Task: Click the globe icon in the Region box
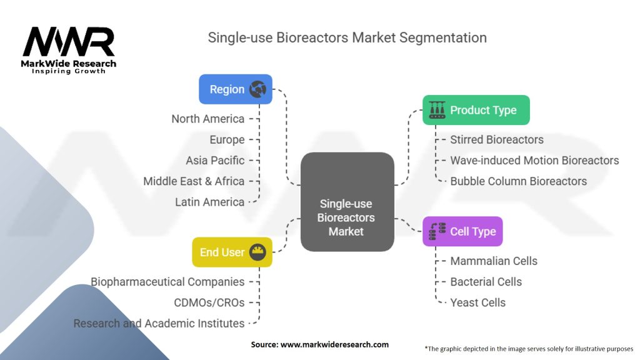click(257, 89)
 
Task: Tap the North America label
click(208, 119)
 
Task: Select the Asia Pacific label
click(215, 161)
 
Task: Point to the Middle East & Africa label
click(194, 181)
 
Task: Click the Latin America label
click(209, 202)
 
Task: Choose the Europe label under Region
click(227, 139)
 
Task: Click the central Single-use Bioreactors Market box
click(347, 217)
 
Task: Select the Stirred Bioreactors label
click(497, 139)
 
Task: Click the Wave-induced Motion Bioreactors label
click(534, 161)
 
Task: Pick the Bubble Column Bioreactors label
click(518, 181)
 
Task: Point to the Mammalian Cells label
click(494, 261)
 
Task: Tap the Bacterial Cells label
click(486, 282)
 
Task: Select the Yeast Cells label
click(477, 302)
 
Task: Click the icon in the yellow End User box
click(257, 252)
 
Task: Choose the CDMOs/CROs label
click(209, 302)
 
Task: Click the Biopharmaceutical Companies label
click(167, 282)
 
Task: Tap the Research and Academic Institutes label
click(159, 323)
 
